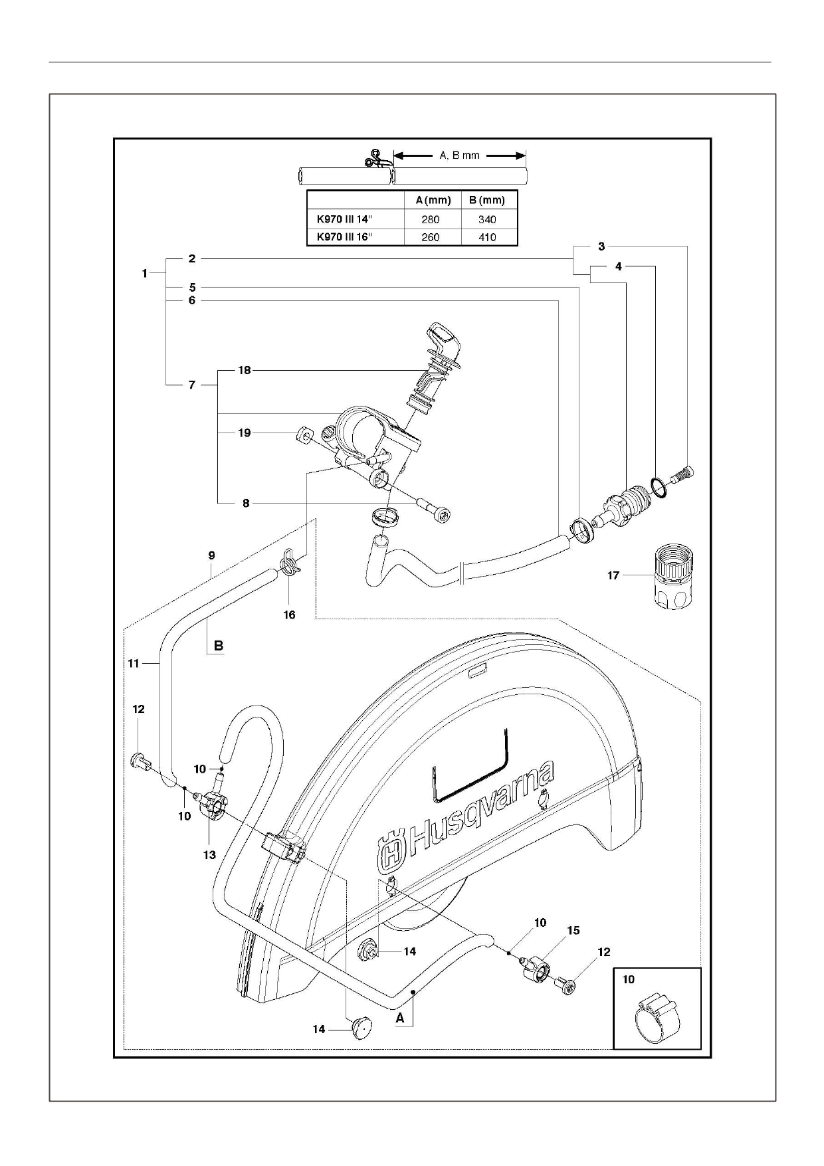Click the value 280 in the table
pyautogui.click(x=430, y=219)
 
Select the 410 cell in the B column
pyautogui.click(x=487, y=237)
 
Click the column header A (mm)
pyautogui.click(x=433, y=200)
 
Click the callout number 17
pyautogui.click(x=613, y=575)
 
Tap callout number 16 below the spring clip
pyautogui.click(x=289, y=615)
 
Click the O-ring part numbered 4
pyautogui.click(x=658, y=489)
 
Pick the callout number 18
pyautogui.click(x=245, y=370)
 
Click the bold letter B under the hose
pyautogui.click(x=218, y=645)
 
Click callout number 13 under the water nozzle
pyautogui.click(x=209, y=855)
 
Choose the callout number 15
pyautogui.click(x=573, y=931)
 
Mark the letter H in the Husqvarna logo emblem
pyautogui.click(x=392, y=855)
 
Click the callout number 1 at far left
pyautogui.click(x=145, y=273)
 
